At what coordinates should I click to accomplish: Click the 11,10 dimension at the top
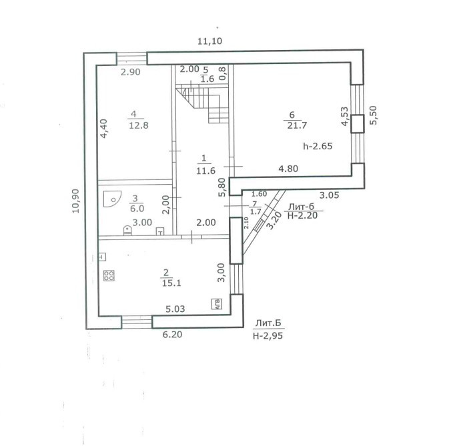click(209, 41)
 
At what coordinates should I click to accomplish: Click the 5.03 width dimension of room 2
click(177, 309)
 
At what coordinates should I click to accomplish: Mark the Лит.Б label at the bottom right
click(268, 324)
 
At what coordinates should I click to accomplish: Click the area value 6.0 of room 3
click(134, 207)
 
